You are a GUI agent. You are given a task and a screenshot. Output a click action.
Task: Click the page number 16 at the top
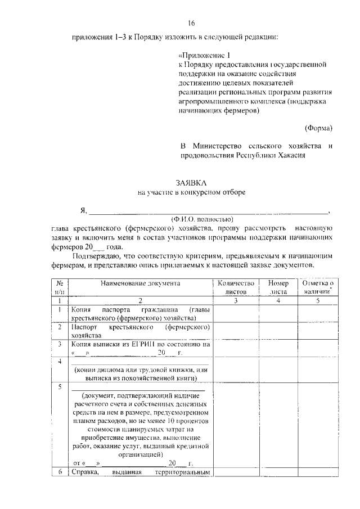click(x=191, y=23)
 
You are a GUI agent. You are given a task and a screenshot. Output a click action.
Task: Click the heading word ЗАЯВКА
click(x=191, y=182)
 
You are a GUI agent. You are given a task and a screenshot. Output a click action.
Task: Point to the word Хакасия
click(x=292, y=156)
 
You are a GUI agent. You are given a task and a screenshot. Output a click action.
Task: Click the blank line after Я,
click(x=208, y=211)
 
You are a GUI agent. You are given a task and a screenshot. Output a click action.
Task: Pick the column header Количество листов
click(x=236, y=287)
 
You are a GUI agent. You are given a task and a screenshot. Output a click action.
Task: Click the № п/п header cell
click(x=59, y=287)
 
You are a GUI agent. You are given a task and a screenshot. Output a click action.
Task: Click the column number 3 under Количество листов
click(x=236, y=300)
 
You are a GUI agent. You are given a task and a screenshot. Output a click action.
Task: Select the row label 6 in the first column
click(x=59, y=472)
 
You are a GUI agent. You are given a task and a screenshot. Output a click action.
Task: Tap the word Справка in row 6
click(x=84, y=472)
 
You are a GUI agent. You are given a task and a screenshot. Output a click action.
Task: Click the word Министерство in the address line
click(x=215, y=146)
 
